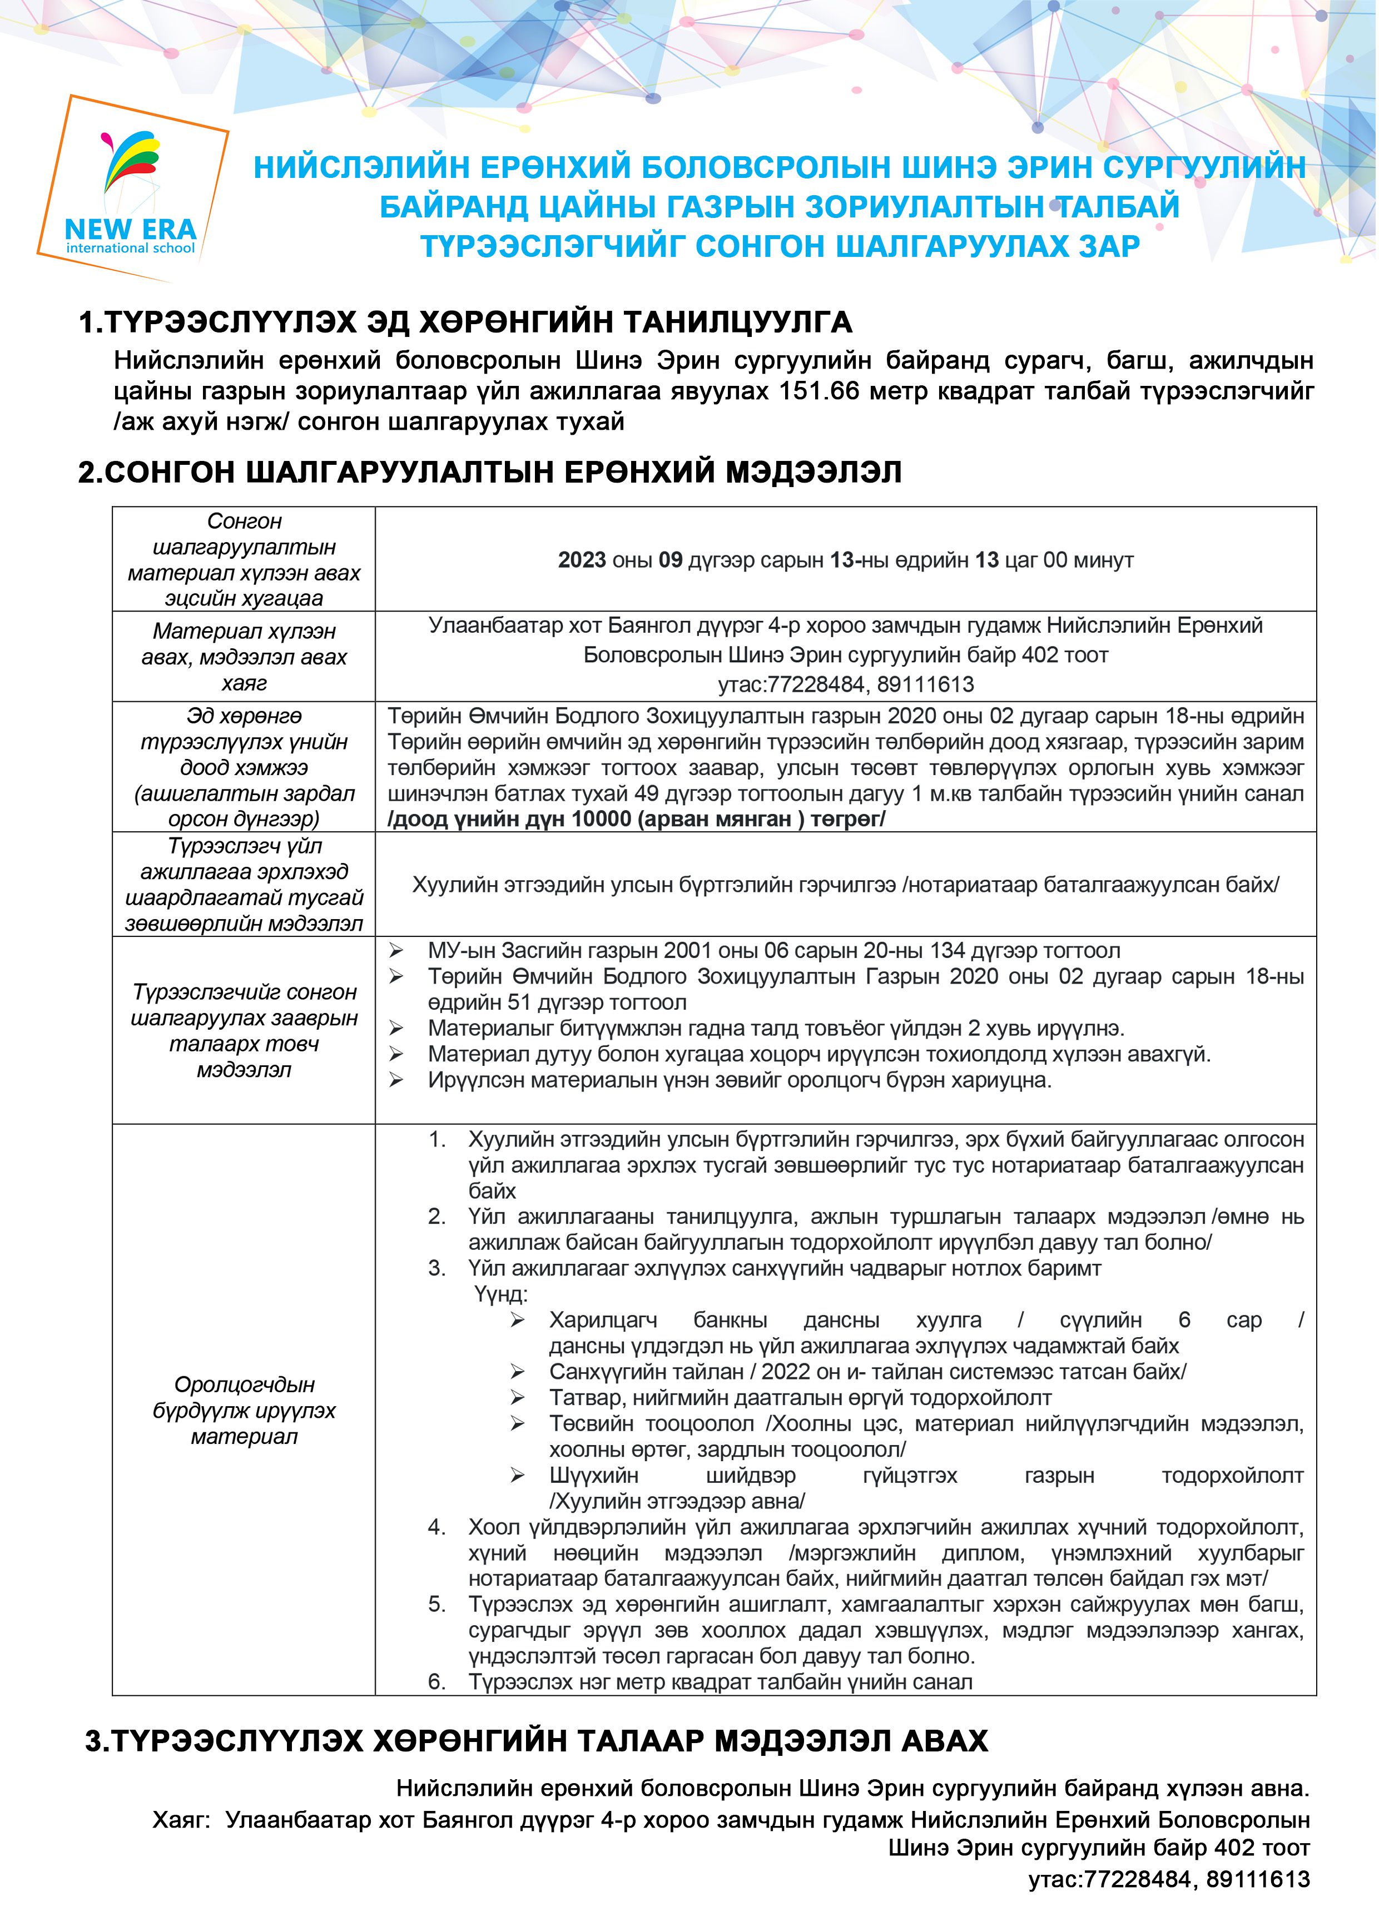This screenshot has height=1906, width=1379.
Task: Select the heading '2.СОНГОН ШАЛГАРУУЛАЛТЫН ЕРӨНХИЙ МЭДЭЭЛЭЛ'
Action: tap(490, 472)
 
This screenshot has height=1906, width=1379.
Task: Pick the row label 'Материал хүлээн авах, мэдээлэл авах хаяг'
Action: tap(244, 656)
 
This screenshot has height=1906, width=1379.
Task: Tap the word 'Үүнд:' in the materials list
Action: tap(501, 1294)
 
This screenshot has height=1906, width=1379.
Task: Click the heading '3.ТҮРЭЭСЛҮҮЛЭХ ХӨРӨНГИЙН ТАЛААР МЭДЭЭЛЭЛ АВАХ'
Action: tap(536, 1740)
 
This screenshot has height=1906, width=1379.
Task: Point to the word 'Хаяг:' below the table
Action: tap(179, 1819)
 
